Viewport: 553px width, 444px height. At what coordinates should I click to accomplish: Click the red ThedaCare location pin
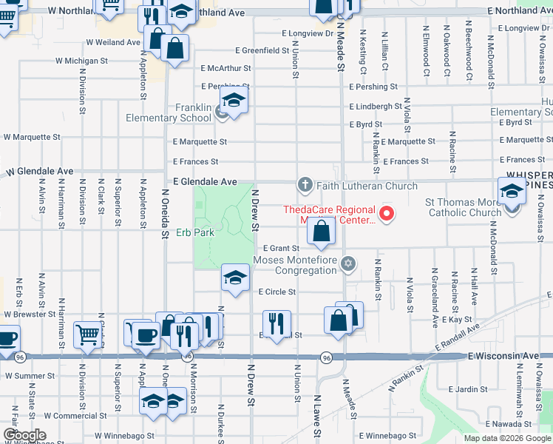pyautogui.click(x=385, y=215)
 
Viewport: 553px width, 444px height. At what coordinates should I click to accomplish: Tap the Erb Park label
pyautogui.click(x=195, y=232)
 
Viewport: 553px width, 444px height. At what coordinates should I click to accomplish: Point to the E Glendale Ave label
pyautogui.click(x=205, y=181)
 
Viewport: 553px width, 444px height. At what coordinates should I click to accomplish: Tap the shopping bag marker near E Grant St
pyautogui.click(x=321, y=232)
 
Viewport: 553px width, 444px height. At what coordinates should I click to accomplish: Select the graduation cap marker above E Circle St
pyautogui.click(x=235, y=278)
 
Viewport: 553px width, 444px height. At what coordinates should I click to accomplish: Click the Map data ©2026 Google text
pyautogui.click(x=506, y=438)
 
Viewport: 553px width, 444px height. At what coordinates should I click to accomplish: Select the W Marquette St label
pyautogui.click(x=32, y=137)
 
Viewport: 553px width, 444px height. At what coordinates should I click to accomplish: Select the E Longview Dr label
pyautogui.click(x=308, y=33)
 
